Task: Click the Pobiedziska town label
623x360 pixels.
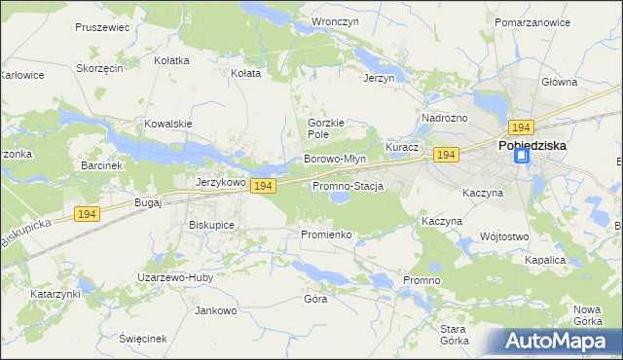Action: point(532,145)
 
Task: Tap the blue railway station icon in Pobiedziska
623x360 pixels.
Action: point(522,156)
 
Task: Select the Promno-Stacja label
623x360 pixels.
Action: point(348,186)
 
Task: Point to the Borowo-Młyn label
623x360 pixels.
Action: point(335,159)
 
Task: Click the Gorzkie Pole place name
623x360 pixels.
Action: point(326,128)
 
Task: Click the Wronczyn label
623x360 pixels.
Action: point(330,20)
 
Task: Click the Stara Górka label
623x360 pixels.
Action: point(455,335)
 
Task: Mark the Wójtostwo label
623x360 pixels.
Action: point(504,236)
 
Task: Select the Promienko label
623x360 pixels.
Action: point(325,234)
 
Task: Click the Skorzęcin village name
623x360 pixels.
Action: point(99,69)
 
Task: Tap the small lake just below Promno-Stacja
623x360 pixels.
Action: point(339,198)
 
